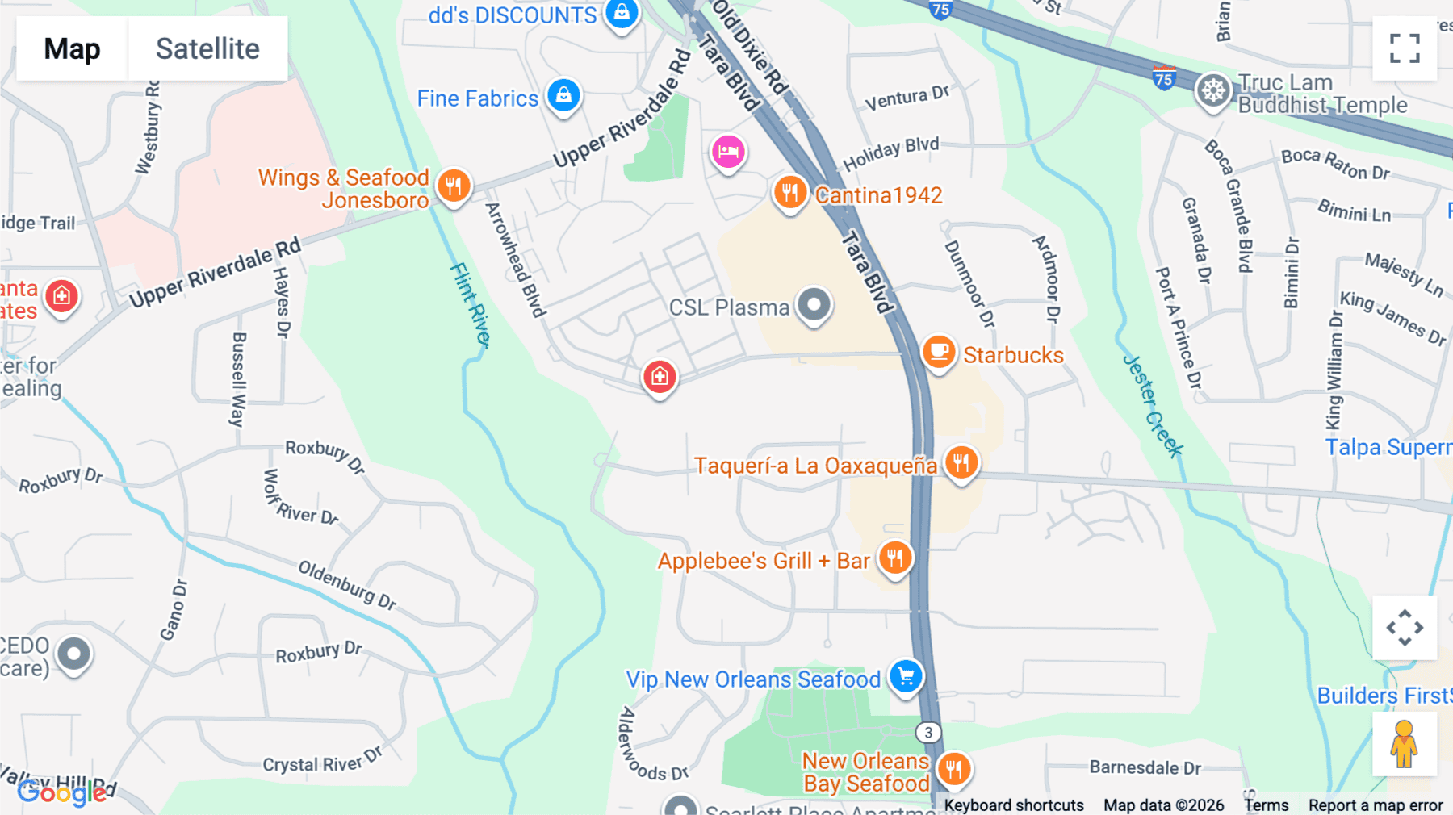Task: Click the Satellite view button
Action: click(x=207, y=48)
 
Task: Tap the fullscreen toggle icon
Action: click(x=1405, y=48)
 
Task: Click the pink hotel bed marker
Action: click(x=727, y=152)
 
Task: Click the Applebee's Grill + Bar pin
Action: click(x=894, y=558)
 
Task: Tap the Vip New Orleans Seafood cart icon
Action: click(x=906, y=676)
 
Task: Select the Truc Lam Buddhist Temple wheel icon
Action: click(x=1212, y=90)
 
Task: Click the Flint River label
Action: click(x=471, y=305)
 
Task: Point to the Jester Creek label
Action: click(x=1153, y=406)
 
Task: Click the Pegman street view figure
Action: click(x=1404, y=743)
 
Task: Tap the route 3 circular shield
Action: click(x=928, y=732)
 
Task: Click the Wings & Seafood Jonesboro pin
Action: click(x=454, y=186)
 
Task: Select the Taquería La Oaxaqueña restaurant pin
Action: click(x=961, y=463)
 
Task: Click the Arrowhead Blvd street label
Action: click(x=515, y=260)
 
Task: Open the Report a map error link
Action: click(x=1375, y=805)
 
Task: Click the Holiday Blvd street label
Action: click(x=890, y=153)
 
